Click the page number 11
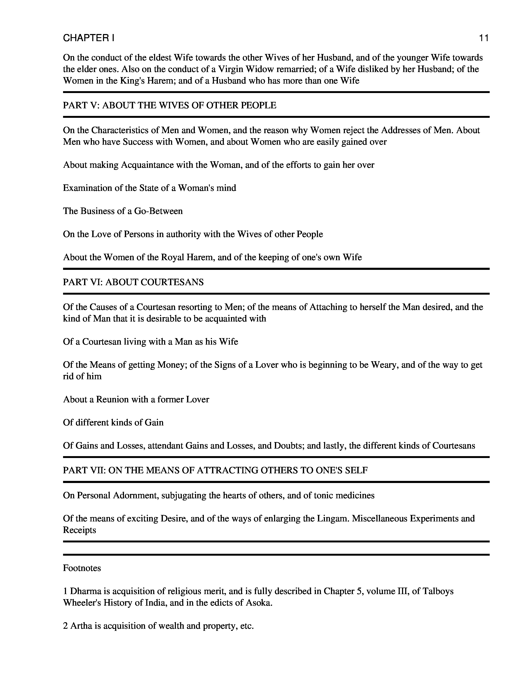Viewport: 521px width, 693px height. (483, 38)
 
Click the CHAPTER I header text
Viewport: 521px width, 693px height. (89, 38)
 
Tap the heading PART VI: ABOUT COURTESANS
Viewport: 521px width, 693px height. (133, 282)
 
